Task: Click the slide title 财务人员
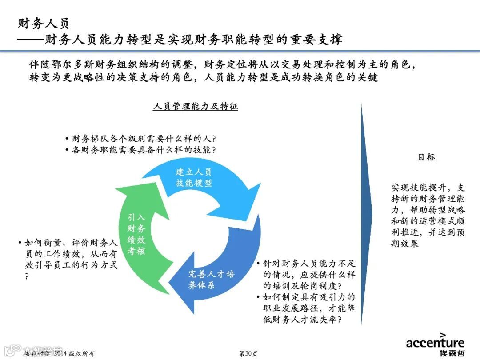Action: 44,23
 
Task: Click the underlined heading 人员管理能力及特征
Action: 195,107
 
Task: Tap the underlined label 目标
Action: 426,157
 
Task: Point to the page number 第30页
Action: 248,353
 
